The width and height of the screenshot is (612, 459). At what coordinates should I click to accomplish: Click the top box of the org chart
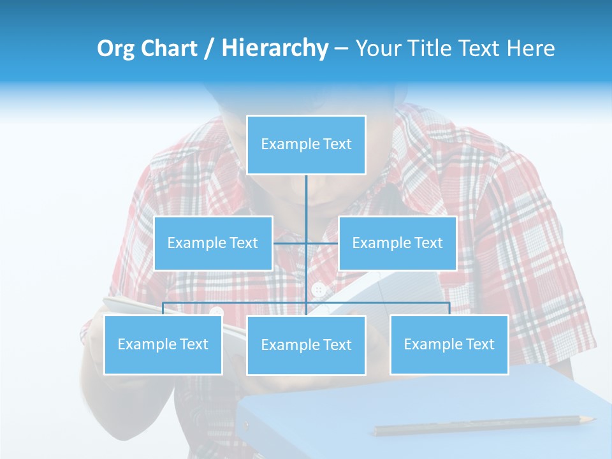click(306, 145)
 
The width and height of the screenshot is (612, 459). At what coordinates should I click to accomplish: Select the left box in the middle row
click(213, 243)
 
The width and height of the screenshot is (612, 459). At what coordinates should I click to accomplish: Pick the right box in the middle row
click(397, 243)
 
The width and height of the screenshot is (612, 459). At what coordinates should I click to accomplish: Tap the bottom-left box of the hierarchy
click(163, 344)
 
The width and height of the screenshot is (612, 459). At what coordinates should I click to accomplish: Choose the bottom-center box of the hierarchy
click(306, 345)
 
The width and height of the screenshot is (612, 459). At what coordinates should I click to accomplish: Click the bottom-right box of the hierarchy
click(449, 344)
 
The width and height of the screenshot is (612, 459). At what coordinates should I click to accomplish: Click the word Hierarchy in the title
click(274, 48)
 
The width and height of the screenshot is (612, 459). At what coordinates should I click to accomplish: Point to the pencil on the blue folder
click(484, 425)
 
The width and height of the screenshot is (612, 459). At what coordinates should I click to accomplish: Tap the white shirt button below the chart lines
click(318, 290)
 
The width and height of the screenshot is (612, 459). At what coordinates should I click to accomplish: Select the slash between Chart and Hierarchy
click(210, 49)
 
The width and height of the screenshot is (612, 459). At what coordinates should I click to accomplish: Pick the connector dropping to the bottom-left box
click(163, 309)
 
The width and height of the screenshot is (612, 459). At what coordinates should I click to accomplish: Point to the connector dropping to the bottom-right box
click(449, 309)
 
